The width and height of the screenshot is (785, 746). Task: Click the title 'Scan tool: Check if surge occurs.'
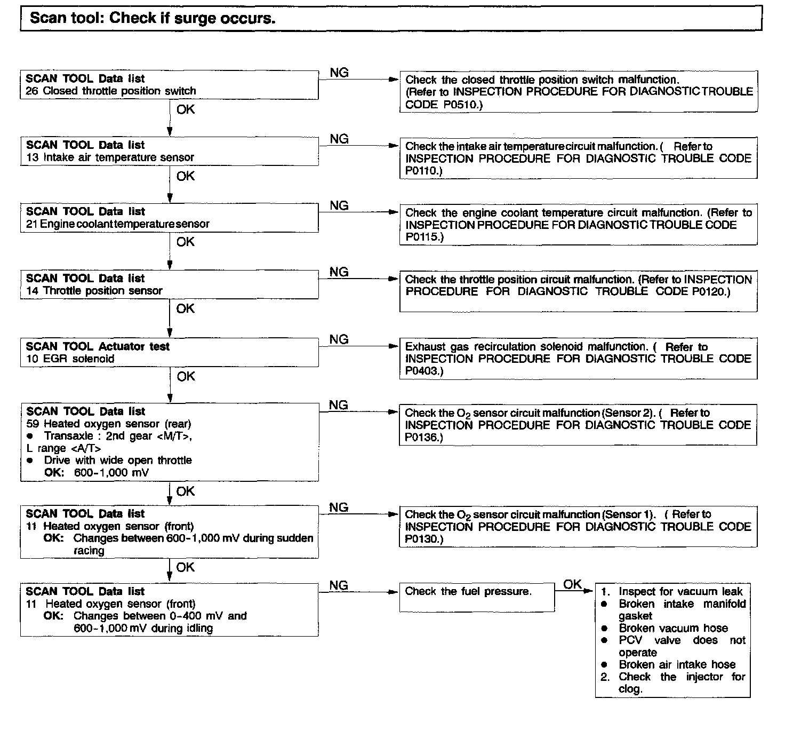point(153,18)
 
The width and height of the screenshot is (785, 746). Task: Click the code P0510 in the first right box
point(462,105)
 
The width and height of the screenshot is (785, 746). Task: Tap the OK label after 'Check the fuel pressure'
point(572,584)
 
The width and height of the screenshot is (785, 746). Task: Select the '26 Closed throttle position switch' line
point(111,91)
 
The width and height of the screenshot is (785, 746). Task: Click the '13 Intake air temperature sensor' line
point(110,157)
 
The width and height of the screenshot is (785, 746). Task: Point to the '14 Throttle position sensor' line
point(94,291)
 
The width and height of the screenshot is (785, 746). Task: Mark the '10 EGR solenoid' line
point(70,359)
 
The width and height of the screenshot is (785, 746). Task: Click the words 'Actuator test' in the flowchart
point(134,346)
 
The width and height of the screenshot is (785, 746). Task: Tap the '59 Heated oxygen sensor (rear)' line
point(108,424)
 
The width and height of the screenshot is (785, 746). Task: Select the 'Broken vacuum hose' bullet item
point(673,628)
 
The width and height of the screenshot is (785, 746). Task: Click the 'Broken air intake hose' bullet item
point(677,664)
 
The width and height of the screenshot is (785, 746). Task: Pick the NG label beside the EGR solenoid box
point(339,339)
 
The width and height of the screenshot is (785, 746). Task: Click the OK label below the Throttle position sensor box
point(185,309)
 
